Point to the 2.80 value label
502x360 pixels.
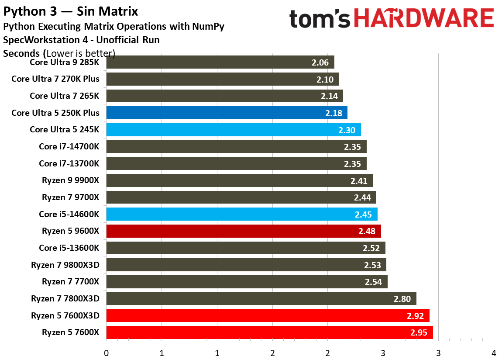tap(402, 299)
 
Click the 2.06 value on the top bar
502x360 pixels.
tap(320, 62)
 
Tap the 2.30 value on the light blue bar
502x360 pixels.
tap(347, 130)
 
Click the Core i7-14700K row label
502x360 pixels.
tap(69, 147)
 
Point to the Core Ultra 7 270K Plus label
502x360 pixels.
tap(55, 79)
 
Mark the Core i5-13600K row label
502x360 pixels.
tap(69, 248)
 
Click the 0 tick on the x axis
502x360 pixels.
tap(106, 353)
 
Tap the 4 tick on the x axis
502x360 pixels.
tap(494, 353)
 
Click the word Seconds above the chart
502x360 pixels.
tap(22, 54)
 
